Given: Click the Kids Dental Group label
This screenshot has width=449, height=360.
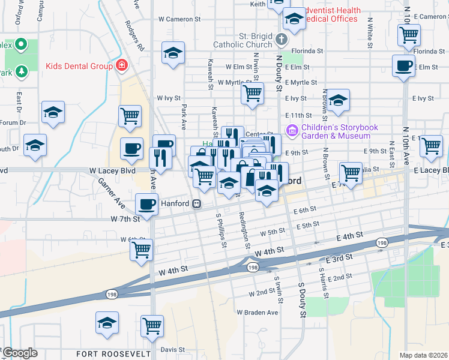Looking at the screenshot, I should (x=79, y=65).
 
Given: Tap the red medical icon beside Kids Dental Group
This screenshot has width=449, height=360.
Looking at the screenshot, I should (x=122, y=65).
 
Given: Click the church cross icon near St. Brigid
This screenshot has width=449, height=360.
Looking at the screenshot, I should (x=282, y=40).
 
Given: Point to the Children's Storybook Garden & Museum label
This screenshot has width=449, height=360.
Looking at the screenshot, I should (x=340, y=131).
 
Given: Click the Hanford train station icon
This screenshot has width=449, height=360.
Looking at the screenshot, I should (x=196, y=203).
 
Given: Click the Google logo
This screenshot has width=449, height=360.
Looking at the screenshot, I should (x=20, y=353).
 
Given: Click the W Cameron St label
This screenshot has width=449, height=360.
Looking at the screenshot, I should (x=179, y=19).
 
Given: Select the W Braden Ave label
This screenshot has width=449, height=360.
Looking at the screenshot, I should (x=257, y=313).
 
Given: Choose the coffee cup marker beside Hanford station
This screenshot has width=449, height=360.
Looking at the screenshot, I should (x=146, y=205).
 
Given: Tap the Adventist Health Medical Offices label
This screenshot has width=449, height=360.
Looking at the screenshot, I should (x=333, y=14).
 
